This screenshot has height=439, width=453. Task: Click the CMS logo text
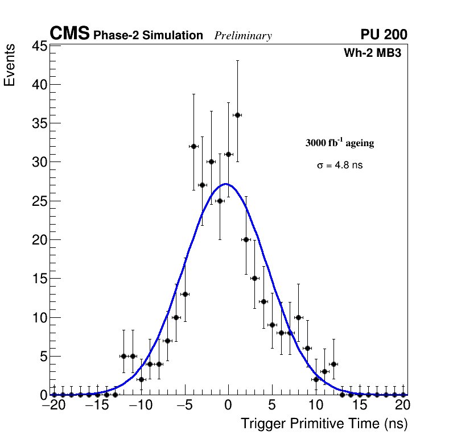pyautogui.click(x=69, y=34)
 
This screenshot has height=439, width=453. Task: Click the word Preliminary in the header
pyautogui.click(x=243, y=36)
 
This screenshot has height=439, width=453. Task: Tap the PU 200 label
pyautogui.click(x=384, y=35)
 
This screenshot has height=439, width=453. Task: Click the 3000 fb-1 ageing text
pyautogui.click(x=340, y=143)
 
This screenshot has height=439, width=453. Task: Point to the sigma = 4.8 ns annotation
pyautogui.click(x=340, y=165)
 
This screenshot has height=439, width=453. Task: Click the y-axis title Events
pyautogui.click(x=10, y=66)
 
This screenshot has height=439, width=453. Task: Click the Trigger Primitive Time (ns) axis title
pyautogui.click(x=324, y=424)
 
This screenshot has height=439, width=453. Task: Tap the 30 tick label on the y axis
pyautogui.click(x=38, y=162)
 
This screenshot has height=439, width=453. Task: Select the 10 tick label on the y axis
pyautogui.click(x=38, y=317)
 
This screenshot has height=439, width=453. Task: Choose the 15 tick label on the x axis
pyautogui.click(x=359, y=405)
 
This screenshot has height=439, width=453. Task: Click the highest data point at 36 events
pyautogui.click(x=237, y=115)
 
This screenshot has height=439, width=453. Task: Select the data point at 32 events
pyautogui.click(x=193, y=146)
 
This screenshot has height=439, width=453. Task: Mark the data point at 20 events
pyautogui.click(x=246, y=239)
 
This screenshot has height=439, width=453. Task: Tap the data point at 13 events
pyautogui.click(x=185, y=294)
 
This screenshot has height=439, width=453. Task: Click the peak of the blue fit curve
pyautogui.click(x=226, y=184)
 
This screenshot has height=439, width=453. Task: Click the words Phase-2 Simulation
pyautogui.click(x=148, y=36)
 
